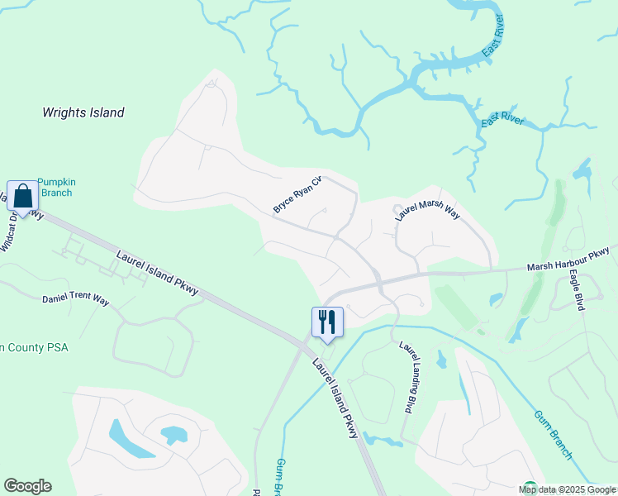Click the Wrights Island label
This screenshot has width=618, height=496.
(83, 112)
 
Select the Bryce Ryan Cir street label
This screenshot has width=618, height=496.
(297, 194)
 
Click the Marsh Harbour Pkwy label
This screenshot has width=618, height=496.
(568, 259)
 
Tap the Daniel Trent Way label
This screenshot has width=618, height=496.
(75, 298)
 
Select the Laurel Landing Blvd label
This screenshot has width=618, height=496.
(406, 377)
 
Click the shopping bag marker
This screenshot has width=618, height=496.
(23, 197)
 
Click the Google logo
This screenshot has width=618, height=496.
(27, 486)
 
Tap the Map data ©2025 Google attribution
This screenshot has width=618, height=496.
(568, 489)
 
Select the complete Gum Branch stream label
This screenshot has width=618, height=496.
(553, 435)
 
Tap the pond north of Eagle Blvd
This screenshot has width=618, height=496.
(582, 171)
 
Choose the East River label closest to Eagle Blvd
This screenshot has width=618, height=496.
(502, 120)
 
